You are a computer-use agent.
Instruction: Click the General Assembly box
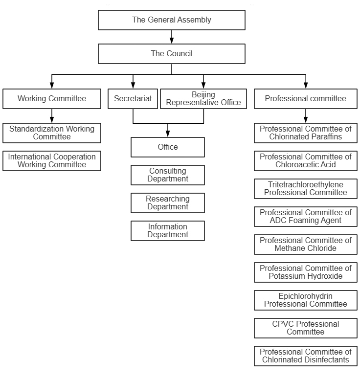point(172,20)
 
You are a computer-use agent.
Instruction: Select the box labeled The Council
point(172,54)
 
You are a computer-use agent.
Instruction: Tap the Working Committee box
point(52,99)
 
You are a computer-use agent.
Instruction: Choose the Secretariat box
point(133,99)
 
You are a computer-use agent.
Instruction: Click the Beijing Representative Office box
point(203,99)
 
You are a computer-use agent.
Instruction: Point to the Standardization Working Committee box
point(52,133)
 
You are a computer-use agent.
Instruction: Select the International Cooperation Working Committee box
point(52,161)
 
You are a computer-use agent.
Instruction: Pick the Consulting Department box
point(168,175)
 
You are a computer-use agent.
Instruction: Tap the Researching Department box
point(168,203)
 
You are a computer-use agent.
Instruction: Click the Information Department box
point(168,231)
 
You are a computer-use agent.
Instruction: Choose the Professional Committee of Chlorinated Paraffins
point(306,133)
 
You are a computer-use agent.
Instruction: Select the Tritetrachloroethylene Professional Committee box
point(306,189)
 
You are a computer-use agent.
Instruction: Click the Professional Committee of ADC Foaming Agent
point(306,217)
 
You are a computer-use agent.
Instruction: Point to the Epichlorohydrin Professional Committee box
point(306,300)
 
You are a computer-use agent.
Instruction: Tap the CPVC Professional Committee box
point(306,328)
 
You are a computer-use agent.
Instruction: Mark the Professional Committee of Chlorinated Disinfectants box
point(306,356)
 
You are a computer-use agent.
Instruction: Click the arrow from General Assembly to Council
point(172,37)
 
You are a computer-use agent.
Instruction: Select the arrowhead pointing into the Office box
point(168,134)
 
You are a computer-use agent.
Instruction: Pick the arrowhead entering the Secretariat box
point(133,85)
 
